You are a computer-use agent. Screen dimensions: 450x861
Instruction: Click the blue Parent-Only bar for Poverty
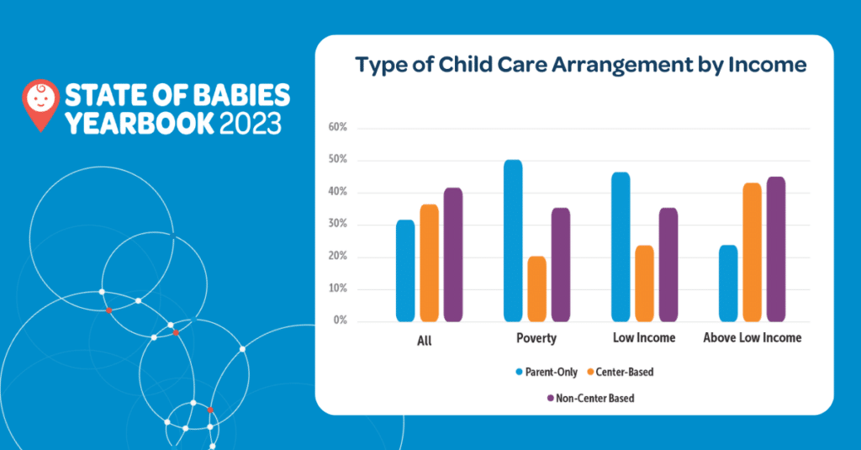513,241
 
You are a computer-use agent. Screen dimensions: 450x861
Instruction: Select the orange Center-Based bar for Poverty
536,289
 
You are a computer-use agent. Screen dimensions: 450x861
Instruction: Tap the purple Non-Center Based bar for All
453,254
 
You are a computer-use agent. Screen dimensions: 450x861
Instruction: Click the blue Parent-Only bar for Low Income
621,246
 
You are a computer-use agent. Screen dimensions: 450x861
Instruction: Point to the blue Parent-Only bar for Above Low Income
728,283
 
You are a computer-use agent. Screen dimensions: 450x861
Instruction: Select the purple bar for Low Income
668,264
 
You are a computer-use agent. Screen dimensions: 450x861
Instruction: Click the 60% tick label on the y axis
337,128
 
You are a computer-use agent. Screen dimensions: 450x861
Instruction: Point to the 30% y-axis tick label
337,225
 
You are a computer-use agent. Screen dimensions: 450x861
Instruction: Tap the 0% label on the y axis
340,321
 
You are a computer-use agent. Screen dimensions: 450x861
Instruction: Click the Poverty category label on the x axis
536,338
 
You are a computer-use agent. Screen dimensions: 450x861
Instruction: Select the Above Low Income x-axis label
752,338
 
